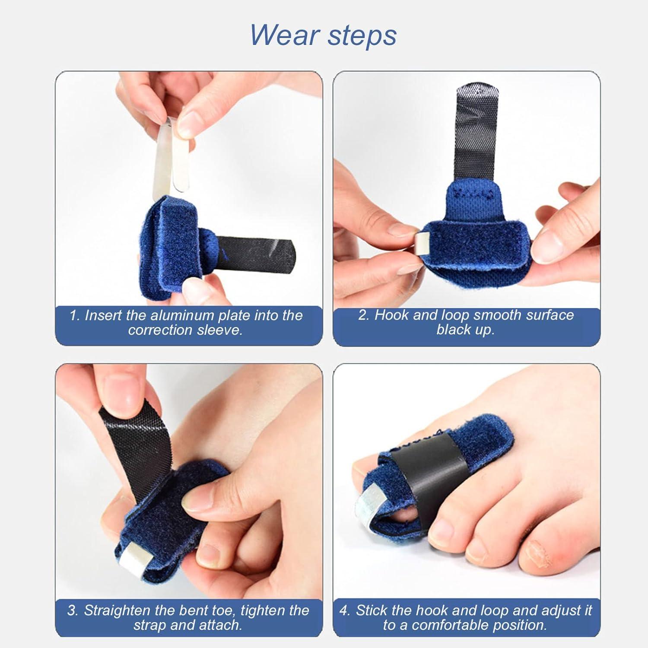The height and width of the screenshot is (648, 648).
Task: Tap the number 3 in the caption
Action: click(72, 611)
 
